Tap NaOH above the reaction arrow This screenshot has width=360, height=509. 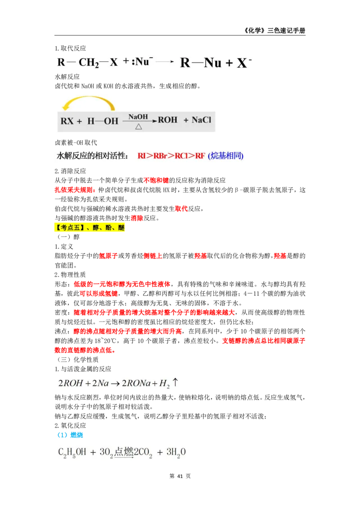click(x=138, y=116)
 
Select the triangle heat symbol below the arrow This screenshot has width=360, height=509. click(x=139, y=127)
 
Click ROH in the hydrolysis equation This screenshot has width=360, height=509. click(x=167, y=121)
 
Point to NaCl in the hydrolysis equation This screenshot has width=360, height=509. click(x=201, y=121)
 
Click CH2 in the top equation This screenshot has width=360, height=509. click(x=89, y=63)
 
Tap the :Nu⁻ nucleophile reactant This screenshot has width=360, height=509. click(x=140, y=62)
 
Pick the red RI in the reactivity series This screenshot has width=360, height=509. click(x=142, y=156)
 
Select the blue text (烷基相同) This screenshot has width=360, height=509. click(x=225, y=156)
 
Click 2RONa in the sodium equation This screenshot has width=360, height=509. click(x=137, y=384)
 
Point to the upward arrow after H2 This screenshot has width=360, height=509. click(x=175, y=383)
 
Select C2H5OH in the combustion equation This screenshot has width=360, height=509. click(x=72, y=453)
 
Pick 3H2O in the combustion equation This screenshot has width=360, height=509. click(x=176, y=453)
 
